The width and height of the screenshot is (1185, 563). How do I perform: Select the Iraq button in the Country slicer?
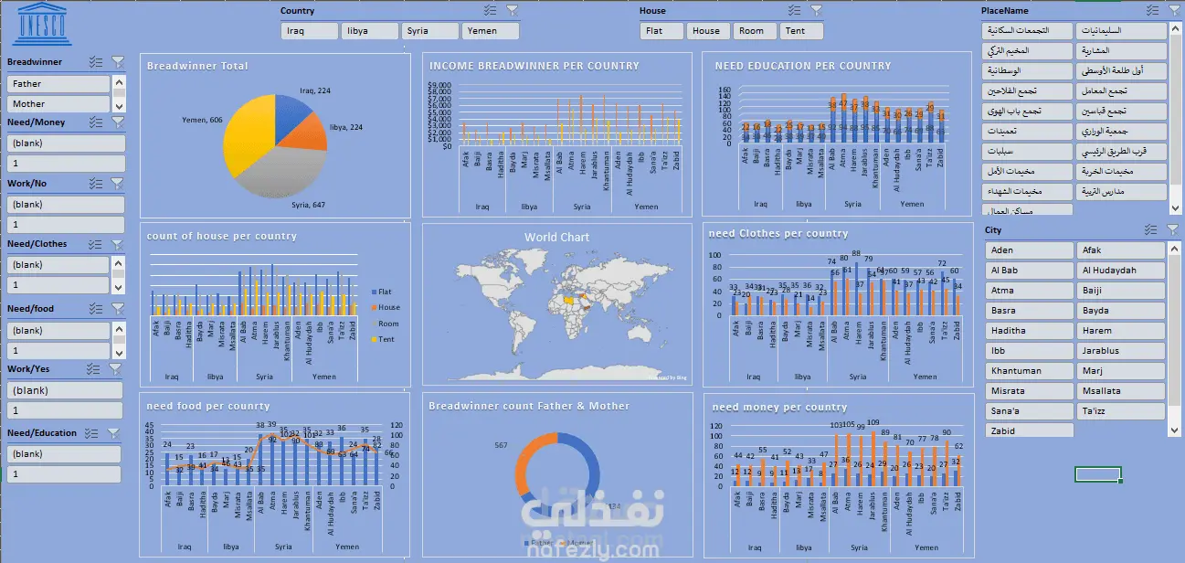[x=311, y=31]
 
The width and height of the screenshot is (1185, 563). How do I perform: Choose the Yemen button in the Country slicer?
[x=491, y=31]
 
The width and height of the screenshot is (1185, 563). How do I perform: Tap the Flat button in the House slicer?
[x=661, y=31]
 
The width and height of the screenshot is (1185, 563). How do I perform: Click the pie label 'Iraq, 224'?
[x=314, y=91]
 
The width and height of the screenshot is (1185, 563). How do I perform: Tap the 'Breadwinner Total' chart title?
[x=197, y=66]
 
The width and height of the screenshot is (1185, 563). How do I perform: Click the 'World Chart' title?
[x=556, y=237]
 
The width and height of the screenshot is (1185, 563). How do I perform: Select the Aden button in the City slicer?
[x=1028, y=250]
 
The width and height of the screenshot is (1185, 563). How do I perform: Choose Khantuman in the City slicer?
[x=1028, y=371]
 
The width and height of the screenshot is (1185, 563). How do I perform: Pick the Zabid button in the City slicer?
[x=1028, y=431]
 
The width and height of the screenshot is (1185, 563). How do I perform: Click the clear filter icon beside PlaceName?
[x=1174, y=11]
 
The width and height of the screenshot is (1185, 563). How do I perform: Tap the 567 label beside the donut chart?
[x=502, y=445]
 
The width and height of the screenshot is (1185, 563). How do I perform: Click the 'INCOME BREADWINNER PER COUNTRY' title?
[x=534, y=66]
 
